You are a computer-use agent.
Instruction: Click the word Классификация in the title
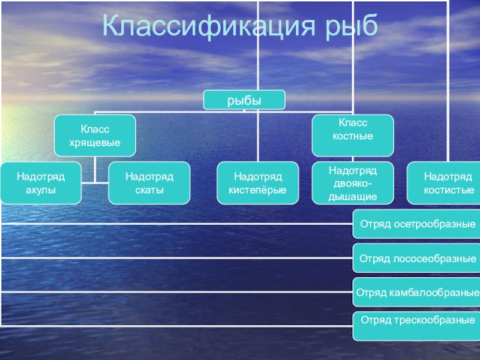(x=209, y=26)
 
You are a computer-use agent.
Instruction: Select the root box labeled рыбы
(x=244, y=100)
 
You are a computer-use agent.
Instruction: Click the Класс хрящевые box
(x=95, y=136)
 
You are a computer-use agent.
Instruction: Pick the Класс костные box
(x=353, y=136)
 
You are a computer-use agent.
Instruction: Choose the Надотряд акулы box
(x=41, y=183)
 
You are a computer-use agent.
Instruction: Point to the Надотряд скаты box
(x=149, y=183)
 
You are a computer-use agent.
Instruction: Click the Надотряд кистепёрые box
(x=258, y=183)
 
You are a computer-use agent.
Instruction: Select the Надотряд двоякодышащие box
(x=353, y=183)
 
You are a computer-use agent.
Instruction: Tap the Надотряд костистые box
(x=443, y=183)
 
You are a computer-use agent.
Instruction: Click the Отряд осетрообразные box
(x=416, y=224)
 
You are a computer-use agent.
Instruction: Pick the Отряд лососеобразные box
(x=416, y=258)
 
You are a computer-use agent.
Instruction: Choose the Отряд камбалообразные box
(x=416, y=292)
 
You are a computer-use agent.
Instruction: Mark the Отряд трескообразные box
(x=416, y=326)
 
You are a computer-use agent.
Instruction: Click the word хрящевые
(x=95, y=143)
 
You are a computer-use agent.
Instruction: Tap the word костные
(x=353, y=136)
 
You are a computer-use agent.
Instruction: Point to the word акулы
(x=41, y=190)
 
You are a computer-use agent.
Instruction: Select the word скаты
(x=149, y=190)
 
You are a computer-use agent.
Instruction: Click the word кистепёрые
(x=257, y=190)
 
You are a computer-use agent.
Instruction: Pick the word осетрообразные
(x=434, y=224)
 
